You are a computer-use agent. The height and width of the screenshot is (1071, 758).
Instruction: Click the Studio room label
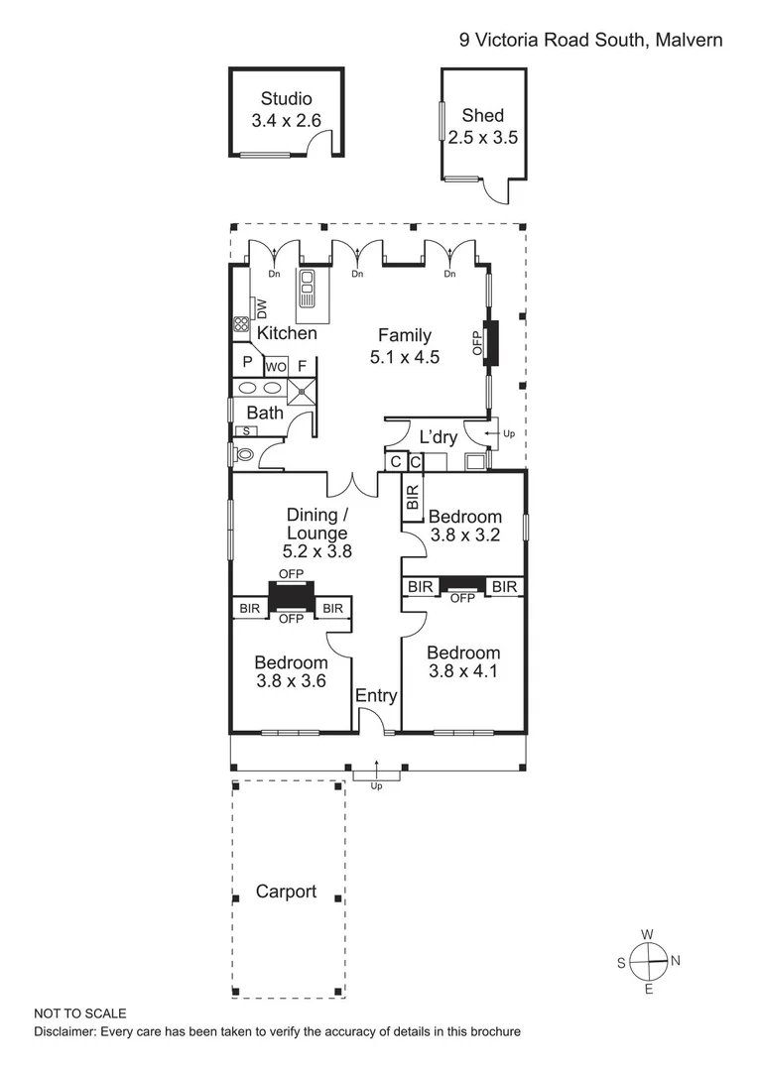pos(286,98)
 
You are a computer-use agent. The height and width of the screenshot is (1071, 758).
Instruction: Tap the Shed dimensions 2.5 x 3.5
pos(482,138)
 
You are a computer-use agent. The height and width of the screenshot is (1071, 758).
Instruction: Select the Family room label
pos(404,336)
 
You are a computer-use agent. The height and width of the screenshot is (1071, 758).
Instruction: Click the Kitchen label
pos(287,333)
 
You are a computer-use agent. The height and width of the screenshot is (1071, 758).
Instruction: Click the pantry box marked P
pos(246,363)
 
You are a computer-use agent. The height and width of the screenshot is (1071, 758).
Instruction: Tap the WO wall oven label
pos(275,366)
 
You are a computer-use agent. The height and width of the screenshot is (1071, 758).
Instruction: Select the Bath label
pos(265,413)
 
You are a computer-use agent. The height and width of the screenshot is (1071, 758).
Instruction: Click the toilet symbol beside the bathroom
pos(242,455)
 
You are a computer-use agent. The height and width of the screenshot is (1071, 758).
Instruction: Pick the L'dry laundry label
pos(437,436)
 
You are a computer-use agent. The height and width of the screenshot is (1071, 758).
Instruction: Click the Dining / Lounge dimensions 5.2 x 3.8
pos(317,553)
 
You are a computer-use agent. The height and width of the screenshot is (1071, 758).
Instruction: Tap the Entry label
pos(376,696)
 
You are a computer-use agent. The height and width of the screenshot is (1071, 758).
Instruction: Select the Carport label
pos(286,891)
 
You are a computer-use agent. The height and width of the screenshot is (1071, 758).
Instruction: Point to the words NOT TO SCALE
pos(80,1013)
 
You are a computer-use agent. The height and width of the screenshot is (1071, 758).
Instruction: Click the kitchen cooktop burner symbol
pos(240,323)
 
